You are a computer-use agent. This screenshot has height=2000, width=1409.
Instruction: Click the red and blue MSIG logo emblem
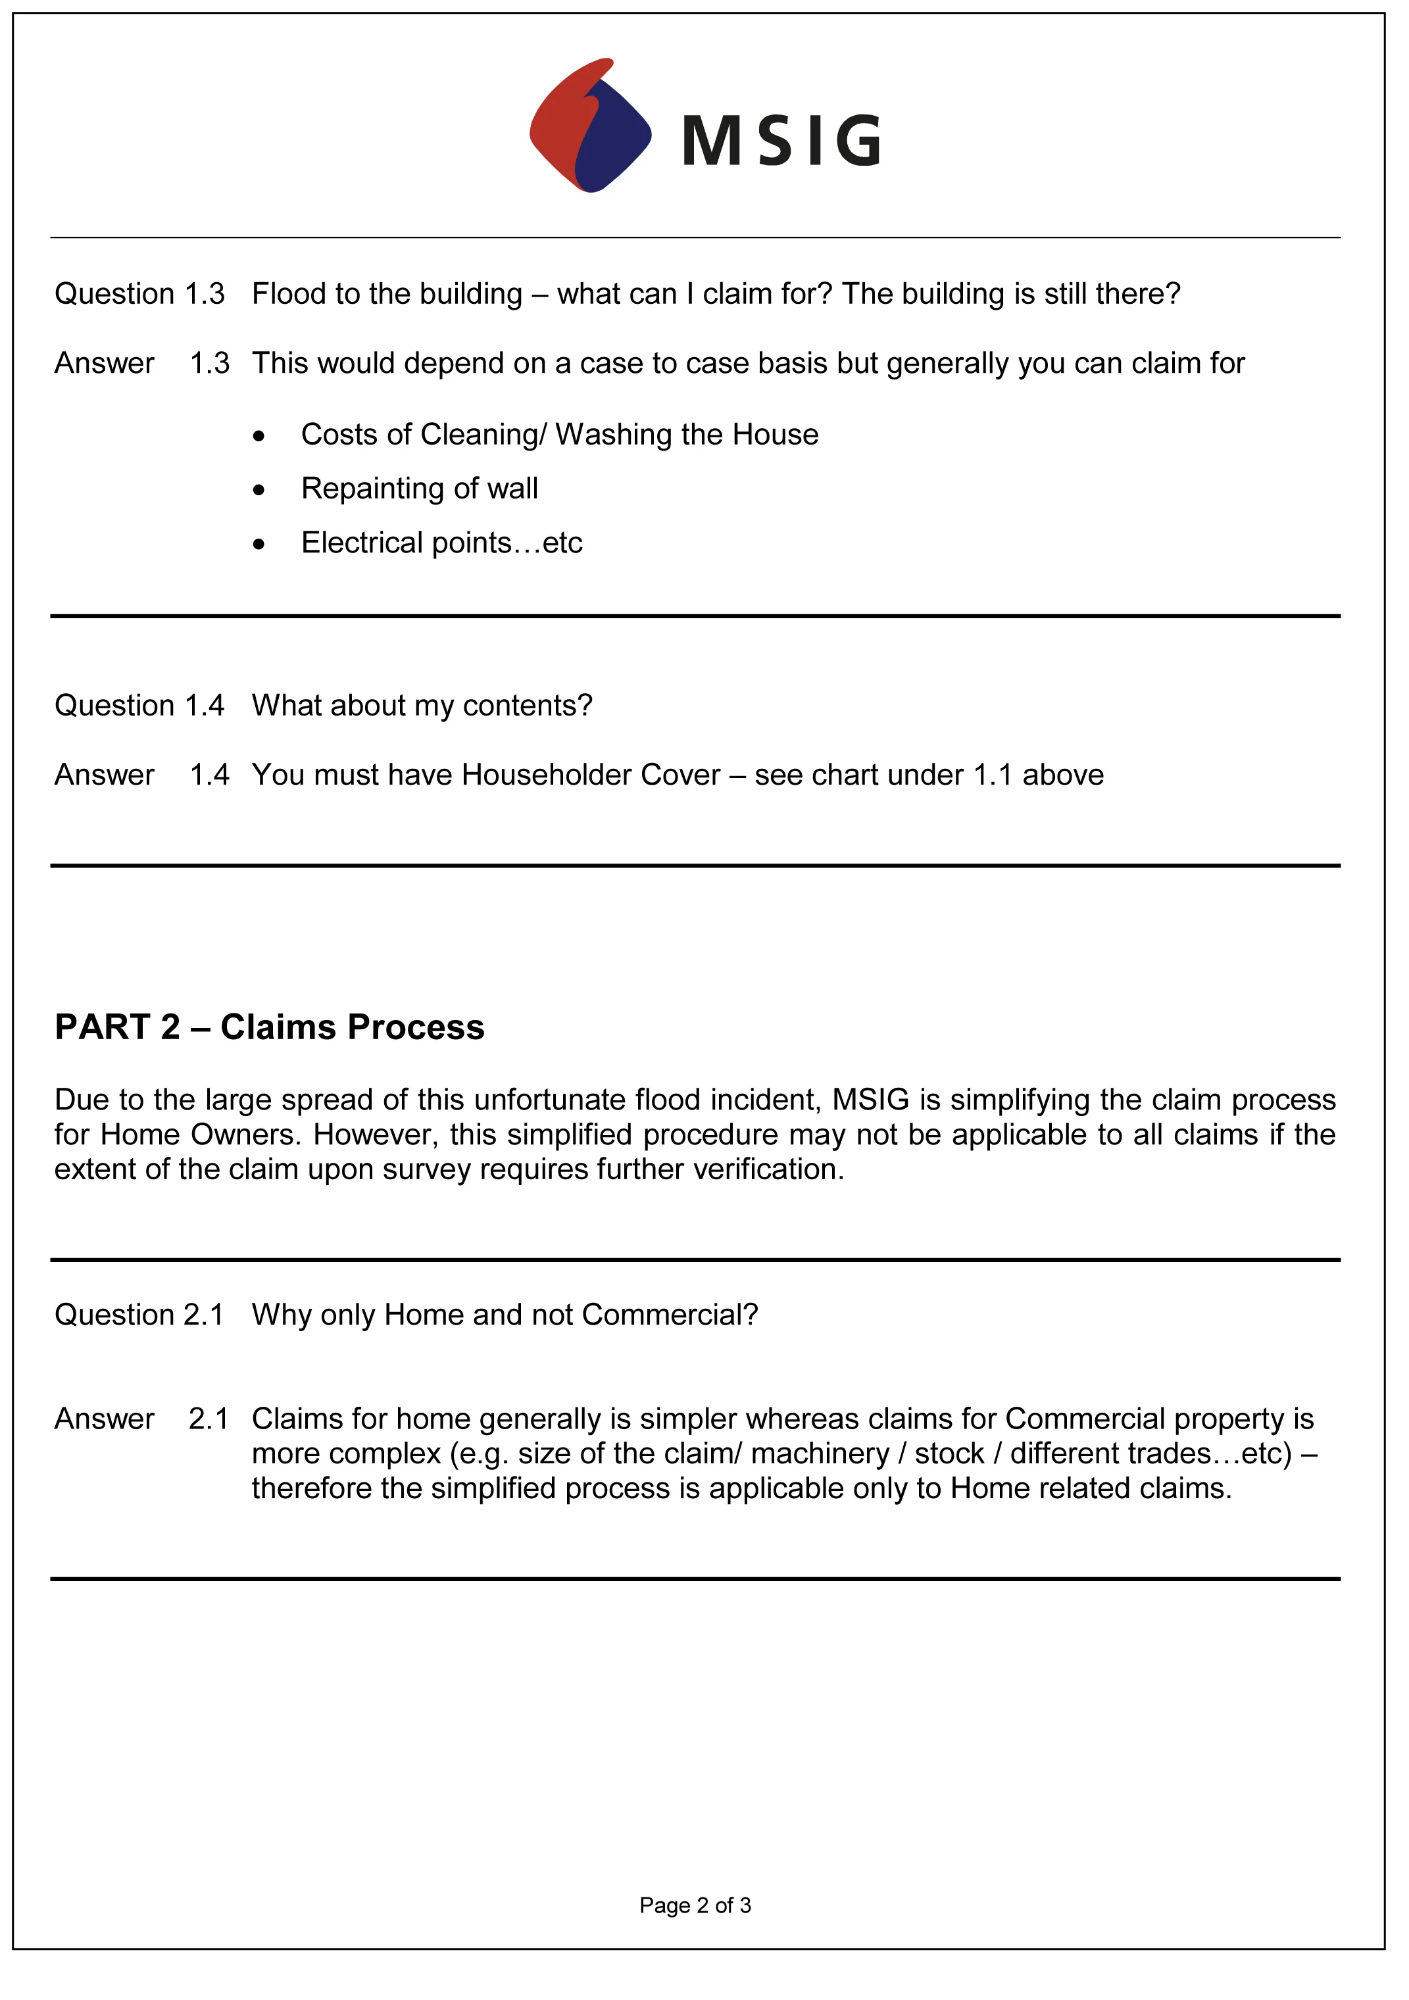pos(590,126)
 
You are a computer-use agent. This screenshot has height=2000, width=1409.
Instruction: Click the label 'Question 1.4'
pos(139,706)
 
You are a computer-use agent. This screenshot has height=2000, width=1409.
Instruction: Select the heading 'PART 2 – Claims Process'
pos(269,1028)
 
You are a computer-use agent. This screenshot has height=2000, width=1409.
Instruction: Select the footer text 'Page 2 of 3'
pos(695,1906)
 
